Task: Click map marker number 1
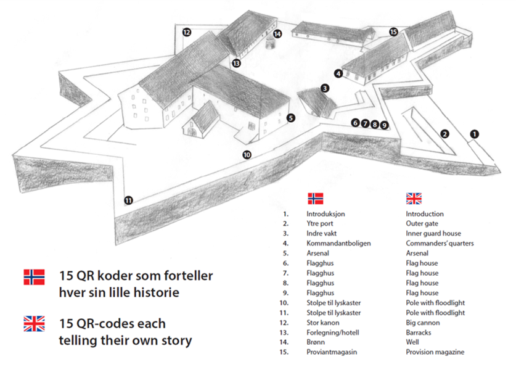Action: (474, 134)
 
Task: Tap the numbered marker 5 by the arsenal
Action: (290, 118)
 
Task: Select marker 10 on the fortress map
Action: (247, 155)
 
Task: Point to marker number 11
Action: (128, 200)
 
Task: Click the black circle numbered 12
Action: (187, 32)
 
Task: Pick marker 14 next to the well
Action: (277, 34)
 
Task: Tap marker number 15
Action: (393, 32)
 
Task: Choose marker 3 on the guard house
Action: (325, 88)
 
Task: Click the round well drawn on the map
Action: (270, 43)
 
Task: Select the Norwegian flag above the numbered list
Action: (315, 199)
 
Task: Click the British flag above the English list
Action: (414, 199)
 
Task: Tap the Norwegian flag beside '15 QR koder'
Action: (35, 277)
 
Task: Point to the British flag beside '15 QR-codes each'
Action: (35, 324)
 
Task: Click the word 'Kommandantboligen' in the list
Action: (338, 243)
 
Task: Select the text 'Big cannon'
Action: (422, 323)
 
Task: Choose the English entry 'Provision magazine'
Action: (435, 352)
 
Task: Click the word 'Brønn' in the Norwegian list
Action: (316, 342)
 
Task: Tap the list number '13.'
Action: (284, 332)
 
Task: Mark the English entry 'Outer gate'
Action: (422, 223)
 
